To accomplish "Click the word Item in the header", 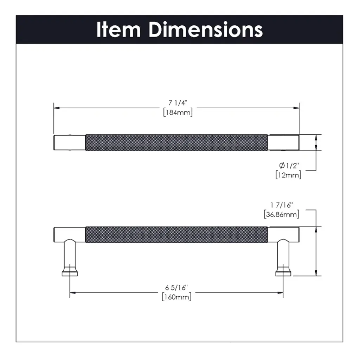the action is [118, 30].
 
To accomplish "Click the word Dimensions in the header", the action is [206, 30].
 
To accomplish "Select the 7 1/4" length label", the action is [178, 103].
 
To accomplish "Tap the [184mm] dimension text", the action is [178, 112].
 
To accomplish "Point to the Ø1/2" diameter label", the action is [289, 165].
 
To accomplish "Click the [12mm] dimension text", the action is [288, 175].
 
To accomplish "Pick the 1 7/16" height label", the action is [282, 205].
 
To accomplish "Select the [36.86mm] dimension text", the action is [282, 214].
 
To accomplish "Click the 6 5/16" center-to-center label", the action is [176, 287].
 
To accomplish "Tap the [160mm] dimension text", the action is [176, 297].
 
